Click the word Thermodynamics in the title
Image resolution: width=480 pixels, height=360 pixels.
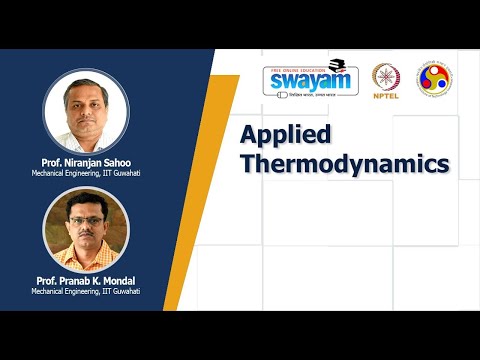pyautogui.click(x=344, y=163)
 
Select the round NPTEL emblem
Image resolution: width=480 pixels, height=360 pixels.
pyautogui.click(x=385, y=77)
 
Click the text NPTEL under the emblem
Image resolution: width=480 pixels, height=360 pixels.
pyautogui.click(x=385, y=99)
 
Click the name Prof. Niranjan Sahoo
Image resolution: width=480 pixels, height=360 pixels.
pyautogui.click(x=86, y=163)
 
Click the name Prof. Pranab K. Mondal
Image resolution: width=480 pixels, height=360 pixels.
pyautogui.click(x=86, y=281)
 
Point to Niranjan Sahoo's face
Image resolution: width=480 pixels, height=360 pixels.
pyautogui.click(x=85, y=101)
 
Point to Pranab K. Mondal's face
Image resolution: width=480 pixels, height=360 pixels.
pyautogui.click(x=86, y=221)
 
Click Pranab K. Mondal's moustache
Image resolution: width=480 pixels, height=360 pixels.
pyautogui.click(x=86, y=231)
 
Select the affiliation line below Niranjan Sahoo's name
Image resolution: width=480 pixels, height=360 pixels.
pyautogui.click(x=86, y=173)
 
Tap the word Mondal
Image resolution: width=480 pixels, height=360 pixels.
pyautogui.click(x=122, y=281)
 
